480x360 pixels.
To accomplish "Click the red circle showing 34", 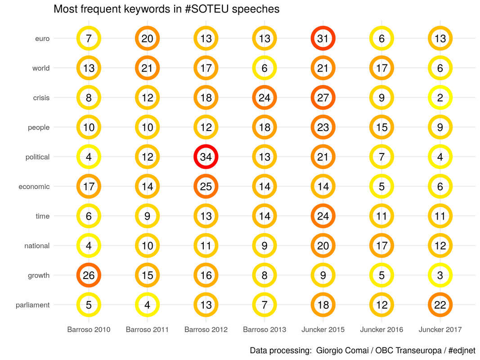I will click(206, 157).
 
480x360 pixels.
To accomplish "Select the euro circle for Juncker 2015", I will click(323, 39).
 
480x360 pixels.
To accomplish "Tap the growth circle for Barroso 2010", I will click(89, 275).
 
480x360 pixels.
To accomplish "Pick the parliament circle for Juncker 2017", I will click(440, 305).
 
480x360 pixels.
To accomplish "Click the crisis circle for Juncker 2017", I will click(440, 98).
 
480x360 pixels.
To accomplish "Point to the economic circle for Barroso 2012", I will click(206, 187).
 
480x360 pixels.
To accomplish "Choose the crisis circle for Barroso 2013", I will click(265, 98).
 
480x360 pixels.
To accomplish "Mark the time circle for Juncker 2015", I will click(323, 216).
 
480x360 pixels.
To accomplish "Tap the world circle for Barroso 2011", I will click(148, 68).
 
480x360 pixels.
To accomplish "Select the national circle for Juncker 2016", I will click(381, 246).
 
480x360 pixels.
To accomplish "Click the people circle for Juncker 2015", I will click(323, 127).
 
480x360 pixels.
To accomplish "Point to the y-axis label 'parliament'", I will click(32, 305).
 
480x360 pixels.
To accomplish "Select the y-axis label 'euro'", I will click(42, 39).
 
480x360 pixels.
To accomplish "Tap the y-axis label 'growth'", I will click(39, 275).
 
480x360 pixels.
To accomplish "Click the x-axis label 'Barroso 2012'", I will click(206, 329).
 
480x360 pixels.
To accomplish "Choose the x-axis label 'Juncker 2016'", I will click(381, 329).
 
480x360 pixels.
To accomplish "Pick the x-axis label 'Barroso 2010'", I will click(89, 329).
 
